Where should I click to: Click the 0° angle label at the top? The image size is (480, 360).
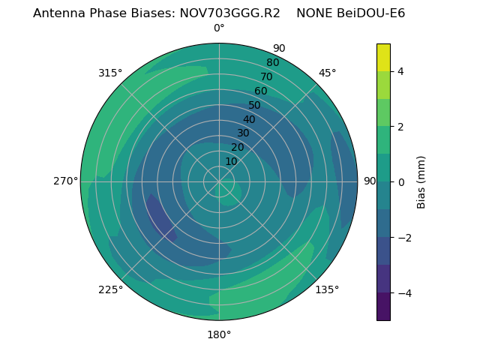click(x=219, y=28)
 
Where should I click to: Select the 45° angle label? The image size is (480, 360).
click(x=327, y=73)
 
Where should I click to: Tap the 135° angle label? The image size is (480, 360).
click(x=327, y=289)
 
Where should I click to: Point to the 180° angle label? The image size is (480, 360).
click(x=219, y=334)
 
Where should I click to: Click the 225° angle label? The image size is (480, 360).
click(x=110, y=289)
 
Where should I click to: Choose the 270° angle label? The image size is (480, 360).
click(x=65, y=181)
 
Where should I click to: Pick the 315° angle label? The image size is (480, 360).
click(x=110, y=73)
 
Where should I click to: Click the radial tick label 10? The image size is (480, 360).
click(x=231, y=161)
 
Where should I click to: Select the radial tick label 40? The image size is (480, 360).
click(x=249, y=119)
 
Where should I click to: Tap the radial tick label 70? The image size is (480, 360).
click(x=267, y=76)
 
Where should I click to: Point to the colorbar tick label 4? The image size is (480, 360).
click(x=401, y=71)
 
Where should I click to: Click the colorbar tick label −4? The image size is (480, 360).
click(x=401, y=293)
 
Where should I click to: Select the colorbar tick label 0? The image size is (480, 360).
click(x=401, y=182)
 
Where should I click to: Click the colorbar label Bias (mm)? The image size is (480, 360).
click(x=421, y=181)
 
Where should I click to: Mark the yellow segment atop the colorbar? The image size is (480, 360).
click(x=383, y=57)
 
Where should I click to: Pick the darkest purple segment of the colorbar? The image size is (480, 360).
click(x=383, y=307)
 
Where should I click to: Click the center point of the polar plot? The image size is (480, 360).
click(x=219, y=181)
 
